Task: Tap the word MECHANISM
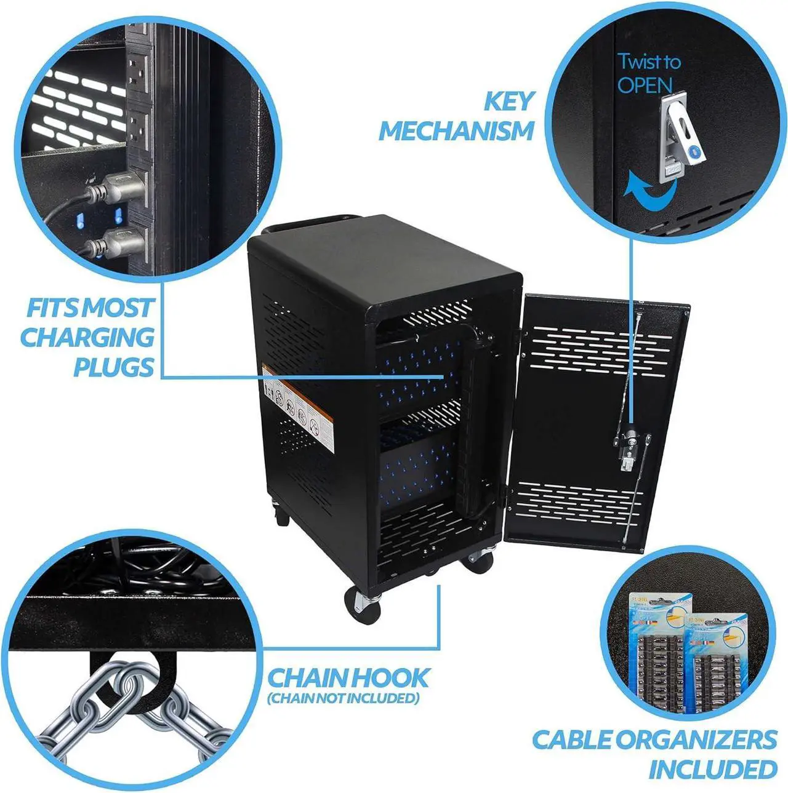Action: click(x=456, y=131)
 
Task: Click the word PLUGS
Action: click(x=114, y=367)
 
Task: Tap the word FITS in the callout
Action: click(x=54, y=308)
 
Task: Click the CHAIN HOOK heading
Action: click(x=348, y=678)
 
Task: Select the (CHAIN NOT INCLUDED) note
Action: click(x=344, y=698)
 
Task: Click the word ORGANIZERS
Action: click(x=696, y=739)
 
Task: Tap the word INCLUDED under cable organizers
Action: click(x=712, y=769)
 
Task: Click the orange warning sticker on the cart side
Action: click(x=298, y=403)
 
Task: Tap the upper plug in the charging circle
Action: click(x=117, y=188)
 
